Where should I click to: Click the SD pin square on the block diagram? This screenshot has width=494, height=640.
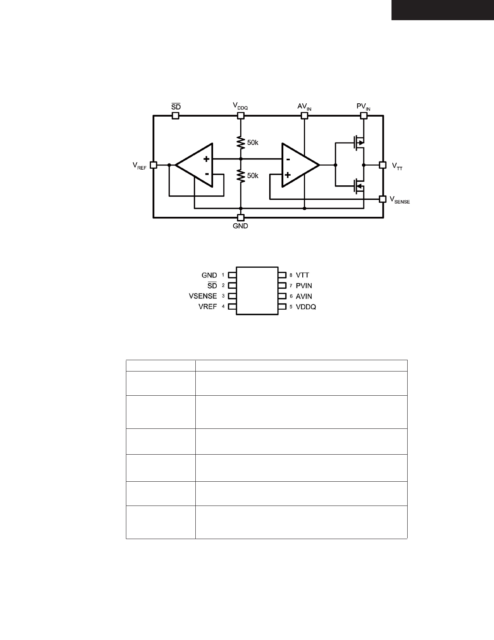[x=176, y=116]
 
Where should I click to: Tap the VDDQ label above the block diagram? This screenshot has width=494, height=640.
[x=240, y=106]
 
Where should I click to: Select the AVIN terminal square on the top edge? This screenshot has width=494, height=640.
[x=304, y=116]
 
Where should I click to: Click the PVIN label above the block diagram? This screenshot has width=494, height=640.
[x=363, y=107]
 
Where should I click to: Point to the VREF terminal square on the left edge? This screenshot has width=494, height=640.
[x=153, y=165]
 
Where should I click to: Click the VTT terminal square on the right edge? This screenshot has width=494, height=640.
[x=383, y=165]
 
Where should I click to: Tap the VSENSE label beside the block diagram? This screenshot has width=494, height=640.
[x=400, y=200]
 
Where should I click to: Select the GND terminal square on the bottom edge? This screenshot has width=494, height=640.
[x=241, y=218]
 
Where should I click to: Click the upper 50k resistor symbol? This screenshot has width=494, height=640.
[x=241, y=143]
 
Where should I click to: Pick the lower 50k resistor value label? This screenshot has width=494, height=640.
[x=253, y=176]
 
